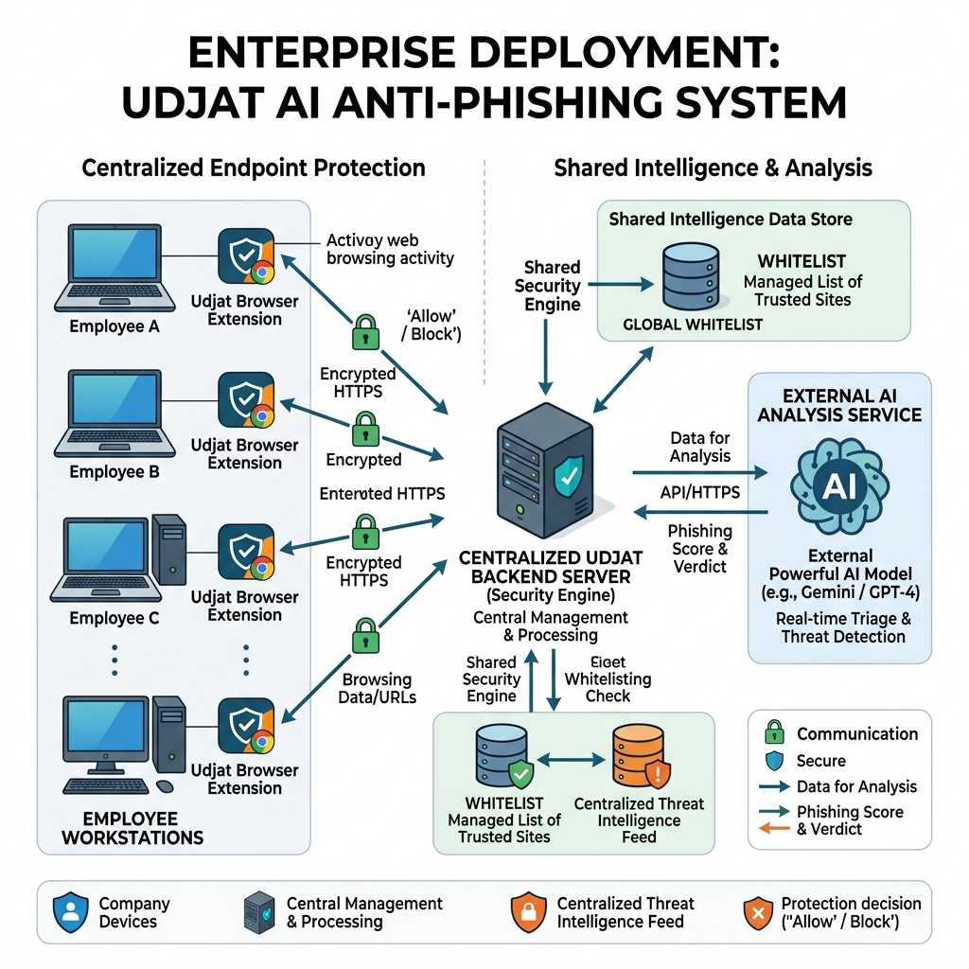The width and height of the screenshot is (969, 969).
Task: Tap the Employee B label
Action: (x=115, y=472)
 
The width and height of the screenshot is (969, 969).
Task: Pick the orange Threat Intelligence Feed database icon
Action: (x=638, y=758)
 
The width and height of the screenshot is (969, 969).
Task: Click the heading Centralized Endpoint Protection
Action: (x=254, y=168)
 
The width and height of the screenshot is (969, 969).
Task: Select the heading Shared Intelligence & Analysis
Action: (x=713, y=168)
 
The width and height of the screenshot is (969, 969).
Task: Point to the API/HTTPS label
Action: (x=700, y=493)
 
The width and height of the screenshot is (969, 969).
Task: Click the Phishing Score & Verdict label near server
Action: (x=700, y=549)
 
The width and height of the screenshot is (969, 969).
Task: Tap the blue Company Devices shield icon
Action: (x=69, y=912)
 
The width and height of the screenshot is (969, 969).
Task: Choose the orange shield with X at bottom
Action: (x=756, y=912)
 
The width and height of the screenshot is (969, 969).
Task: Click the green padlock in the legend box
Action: (x=774, y=732)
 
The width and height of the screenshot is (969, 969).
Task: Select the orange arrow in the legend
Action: (x=774, y=830)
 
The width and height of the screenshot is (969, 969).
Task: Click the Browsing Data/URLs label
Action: (x=377, y=689)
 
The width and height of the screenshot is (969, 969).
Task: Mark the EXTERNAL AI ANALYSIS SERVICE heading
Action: (x=839, y=405)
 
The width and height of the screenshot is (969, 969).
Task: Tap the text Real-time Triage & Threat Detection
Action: (x=842, y=627)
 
